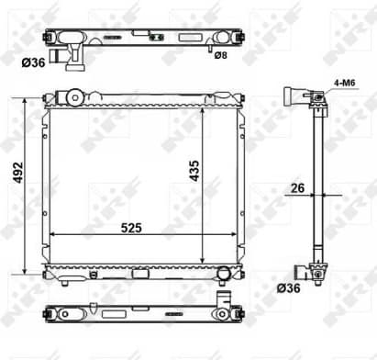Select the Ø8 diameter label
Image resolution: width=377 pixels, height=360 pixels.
pos(220,56)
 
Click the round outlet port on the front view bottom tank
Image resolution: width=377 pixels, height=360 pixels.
pos(222,272)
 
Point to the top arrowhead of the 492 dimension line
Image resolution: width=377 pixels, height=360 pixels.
pos(25,96)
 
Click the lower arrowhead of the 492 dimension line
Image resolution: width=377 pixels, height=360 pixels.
pos(25,274)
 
